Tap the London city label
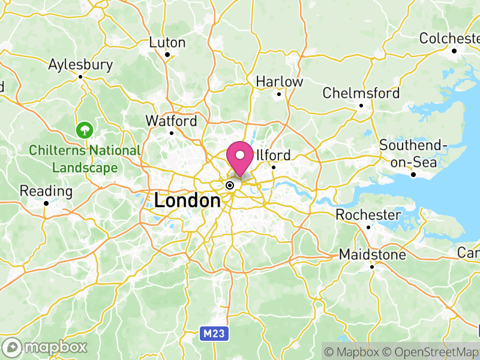click(x=187, y=200)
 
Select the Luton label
click(x=167, y=43)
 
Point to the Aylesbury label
click(x=80, y=64)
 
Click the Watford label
click(x=171, y=121)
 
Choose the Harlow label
click(x=280, y=82)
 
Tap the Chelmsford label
click(x=361, y=94)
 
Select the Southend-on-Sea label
click(x=414, y=154)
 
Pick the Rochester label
click(x=368, y=215)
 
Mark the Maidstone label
click(x=372, y=255)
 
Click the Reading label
click(x=46, y=191)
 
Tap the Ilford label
click(x=274, y=155)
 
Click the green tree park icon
click(x=85, y=129)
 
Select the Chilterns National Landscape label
click(x=85, y=159)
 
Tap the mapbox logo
click(x=46, y=347)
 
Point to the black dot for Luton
click(x=167, y=55)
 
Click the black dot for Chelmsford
click(x=361, y=106)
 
